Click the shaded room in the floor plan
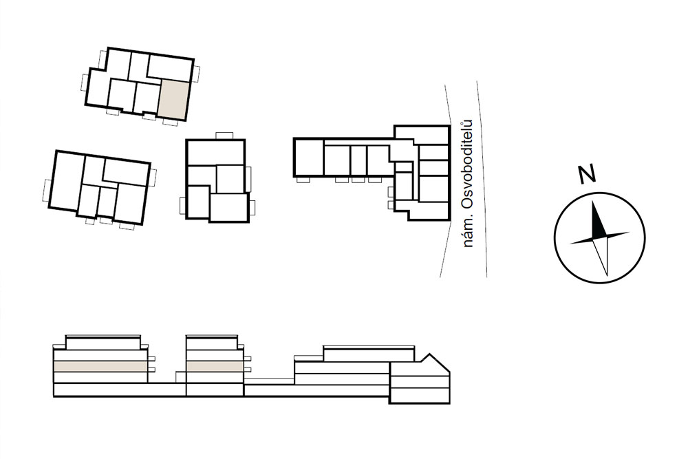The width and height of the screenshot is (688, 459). pos(174,100)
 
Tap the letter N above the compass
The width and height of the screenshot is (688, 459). pos(586,174)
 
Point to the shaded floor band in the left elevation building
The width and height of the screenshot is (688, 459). pos(100,367)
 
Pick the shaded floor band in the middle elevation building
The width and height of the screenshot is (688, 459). pos(215,367)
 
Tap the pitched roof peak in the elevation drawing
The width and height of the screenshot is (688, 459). pos(429,355)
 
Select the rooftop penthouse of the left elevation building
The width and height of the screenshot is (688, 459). pos(104,342)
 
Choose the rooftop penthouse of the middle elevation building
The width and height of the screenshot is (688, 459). pos(211,342)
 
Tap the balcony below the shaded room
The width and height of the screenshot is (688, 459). pos(170,122)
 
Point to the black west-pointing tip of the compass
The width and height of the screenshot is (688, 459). pos(572,243)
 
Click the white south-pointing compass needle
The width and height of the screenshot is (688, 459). pos(601,257)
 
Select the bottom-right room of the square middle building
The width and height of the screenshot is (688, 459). pos(228,208)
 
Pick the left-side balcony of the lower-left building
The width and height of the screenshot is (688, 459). pos(47,190)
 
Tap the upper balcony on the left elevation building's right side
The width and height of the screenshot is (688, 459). pos(151,359)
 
